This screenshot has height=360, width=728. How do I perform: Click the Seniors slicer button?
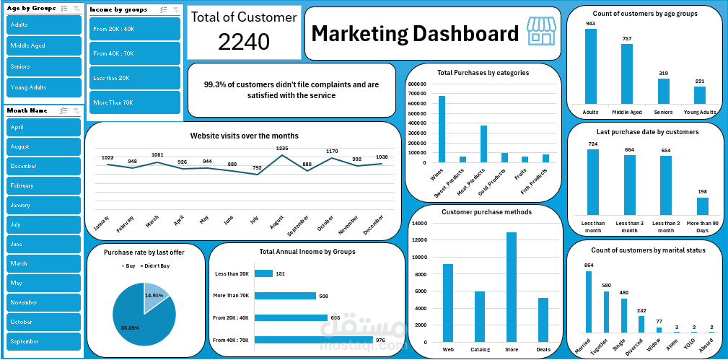point(43,66)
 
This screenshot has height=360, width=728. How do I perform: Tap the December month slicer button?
point(43,166)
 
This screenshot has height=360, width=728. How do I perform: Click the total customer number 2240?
point(244,43)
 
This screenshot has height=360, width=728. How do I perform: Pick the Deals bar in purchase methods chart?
point(543,320)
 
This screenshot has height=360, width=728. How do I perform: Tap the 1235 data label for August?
point(282,148)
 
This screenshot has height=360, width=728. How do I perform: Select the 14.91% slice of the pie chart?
point(155,296)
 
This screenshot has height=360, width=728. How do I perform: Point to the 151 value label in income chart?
point(281,273)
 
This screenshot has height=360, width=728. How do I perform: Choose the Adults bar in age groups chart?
point(591,66)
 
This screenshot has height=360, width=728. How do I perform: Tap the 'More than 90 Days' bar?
point(702,206)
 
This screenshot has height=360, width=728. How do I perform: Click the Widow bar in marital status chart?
point(658,330)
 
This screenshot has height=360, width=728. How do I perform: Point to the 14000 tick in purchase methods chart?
point(423,224)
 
